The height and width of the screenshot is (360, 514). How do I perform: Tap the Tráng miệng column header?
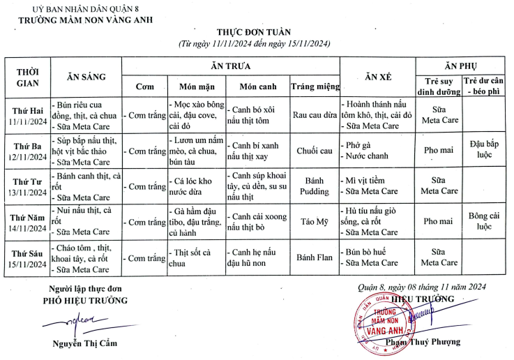pos(315,87)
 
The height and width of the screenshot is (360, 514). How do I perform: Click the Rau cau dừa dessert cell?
pos(315,114)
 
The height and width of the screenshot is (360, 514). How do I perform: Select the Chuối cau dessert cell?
pos(315,150)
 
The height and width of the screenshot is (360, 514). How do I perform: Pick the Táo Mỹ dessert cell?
pos(315,221)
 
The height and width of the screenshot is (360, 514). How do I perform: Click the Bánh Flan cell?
pos(315,257)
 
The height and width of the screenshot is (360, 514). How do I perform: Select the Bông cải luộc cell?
pos(485,221)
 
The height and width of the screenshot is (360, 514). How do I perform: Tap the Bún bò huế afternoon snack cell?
pos(370,253)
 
